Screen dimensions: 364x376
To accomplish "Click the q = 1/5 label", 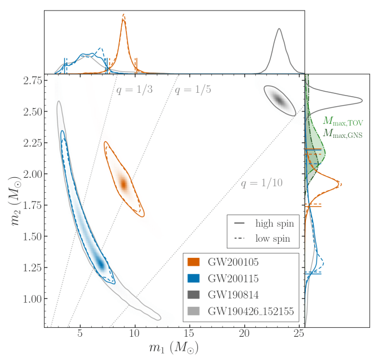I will coord(192,90).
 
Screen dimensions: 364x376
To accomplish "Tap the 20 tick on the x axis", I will coord(245,334).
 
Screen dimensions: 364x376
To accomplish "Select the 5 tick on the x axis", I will coord(80,334).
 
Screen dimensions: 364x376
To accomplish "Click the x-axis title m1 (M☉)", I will coord(174,348).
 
